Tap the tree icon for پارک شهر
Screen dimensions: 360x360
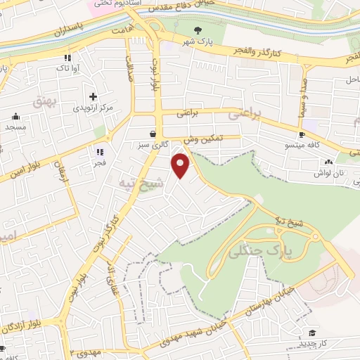(198, 30)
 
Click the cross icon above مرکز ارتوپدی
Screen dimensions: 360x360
(93, 96)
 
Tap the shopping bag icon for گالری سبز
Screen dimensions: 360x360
(153, 133)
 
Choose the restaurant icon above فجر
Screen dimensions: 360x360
(100, 151)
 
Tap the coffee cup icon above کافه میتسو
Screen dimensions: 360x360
(302, 134)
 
